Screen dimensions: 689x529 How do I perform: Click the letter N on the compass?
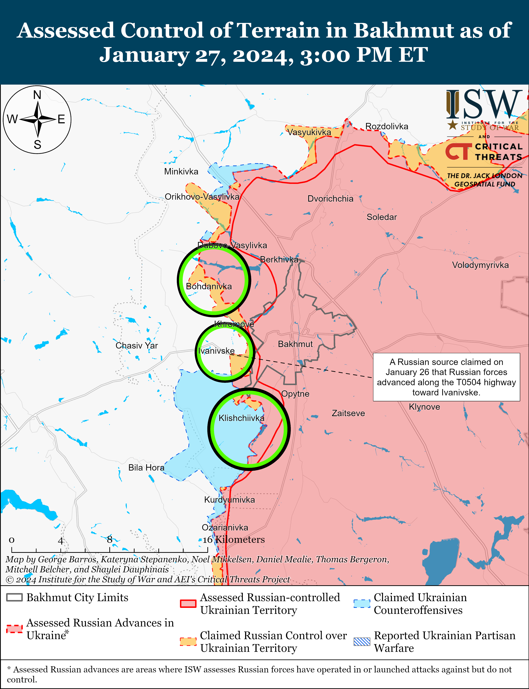click(37, 95)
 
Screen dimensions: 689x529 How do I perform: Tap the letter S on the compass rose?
click(37, 144)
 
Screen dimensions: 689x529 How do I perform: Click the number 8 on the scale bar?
click(109, 539)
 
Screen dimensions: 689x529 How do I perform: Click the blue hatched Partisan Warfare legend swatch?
click(362, 641)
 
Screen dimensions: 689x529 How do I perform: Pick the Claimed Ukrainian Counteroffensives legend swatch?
click(362, 603)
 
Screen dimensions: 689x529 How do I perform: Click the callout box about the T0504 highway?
click(446, 377)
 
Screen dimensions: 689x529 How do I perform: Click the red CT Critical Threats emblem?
click(458, 152)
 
